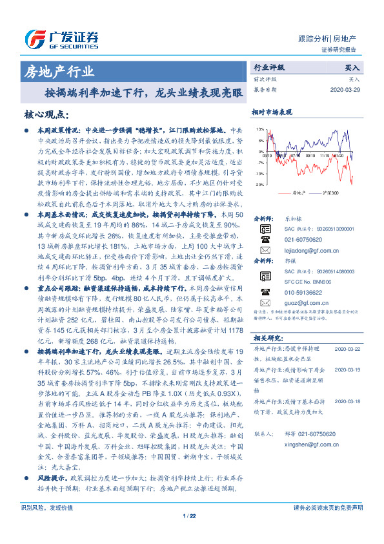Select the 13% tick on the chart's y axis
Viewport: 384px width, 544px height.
259,129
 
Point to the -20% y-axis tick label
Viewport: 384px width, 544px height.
259,184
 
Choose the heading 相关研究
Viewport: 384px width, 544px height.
267,337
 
